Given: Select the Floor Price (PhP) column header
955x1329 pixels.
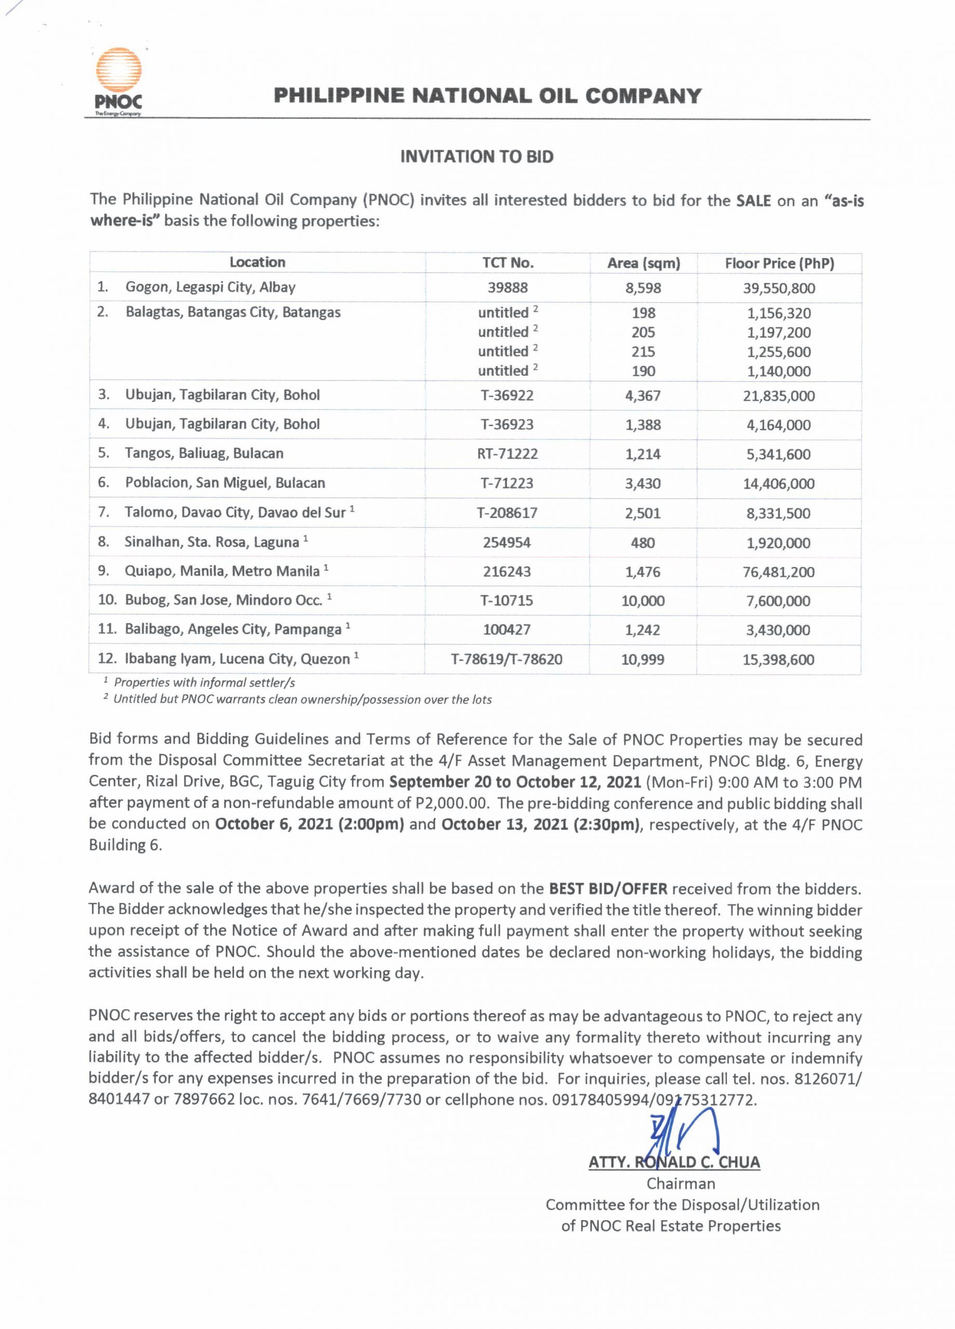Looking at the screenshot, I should (x=779, y=264).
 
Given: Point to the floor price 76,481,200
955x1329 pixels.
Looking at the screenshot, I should (x=779, y=572).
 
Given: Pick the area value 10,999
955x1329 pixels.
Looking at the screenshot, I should (x=643, y=660).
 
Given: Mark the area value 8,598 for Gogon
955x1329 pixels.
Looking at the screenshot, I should (x=643, y=288).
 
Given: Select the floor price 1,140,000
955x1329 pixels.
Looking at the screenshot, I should (x=779, y=372).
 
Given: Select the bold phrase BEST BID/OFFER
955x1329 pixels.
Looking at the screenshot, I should (x=608, y=889).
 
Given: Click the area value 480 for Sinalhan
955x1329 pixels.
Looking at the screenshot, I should (x=643, y=543).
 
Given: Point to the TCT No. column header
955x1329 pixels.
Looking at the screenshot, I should (x=508, y=263).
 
